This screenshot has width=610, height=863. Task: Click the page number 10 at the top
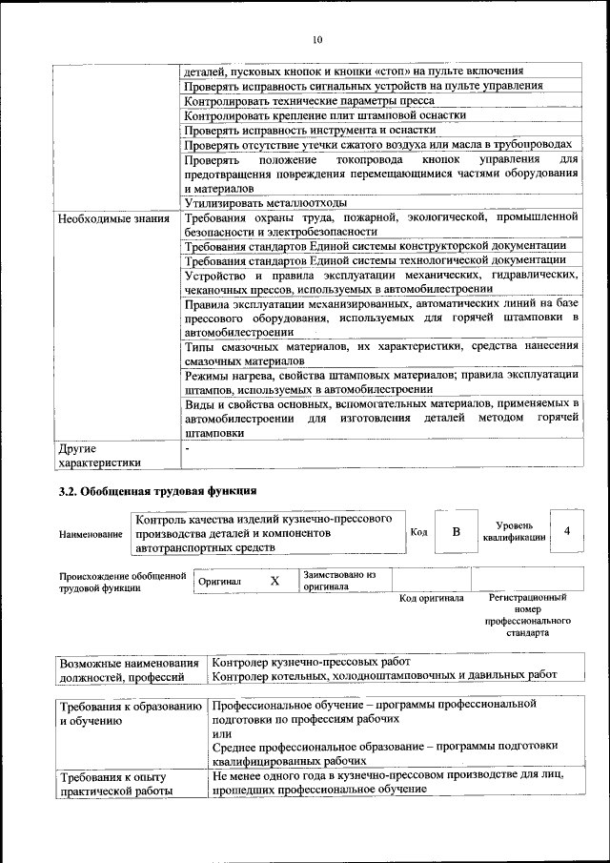(x=317, y=39)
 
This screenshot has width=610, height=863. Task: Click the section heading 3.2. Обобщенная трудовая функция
(x=157, y=492)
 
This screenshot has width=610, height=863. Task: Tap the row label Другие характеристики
(x=99, y=455)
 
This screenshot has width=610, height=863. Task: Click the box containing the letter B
(x=456, y=531)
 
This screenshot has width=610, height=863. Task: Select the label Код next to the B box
(x=417, y=532)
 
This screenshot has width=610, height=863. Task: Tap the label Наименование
(x=91, y=536)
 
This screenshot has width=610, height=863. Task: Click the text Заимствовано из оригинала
(x=339, y=581)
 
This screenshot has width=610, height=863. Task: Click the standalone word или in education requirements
(x=221, y=732)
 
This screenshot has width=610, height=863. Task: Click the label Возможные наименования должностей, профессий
(x=129, y=669)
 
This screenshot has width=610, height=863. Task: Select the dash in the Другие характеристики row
(x=188, y=446)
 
